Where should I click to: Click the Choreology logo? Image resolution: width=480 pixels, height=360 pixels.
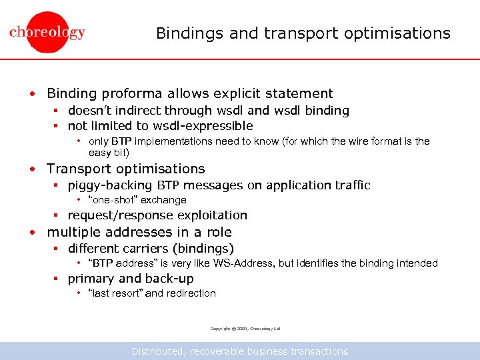click(x=47, y=33)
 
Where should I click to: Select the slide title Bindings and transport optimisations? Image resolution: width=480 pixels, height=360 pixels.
click(x=303, y=33)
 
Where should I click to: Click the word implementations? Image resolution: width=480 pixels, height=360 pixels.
click(x=175, y=141)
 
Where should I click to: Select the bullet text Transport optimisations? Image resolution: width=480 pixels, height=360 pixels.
click(x=125, y=169)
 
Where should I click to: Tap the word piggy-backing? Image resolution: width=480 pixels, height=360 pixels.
click(x=111, y=185)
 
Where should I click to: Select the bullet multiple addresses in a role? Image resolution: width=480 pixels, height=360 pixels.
click(x=139, y=233)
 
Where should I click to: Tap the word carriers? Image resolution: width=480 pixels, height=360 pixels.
click(x=151, y=249)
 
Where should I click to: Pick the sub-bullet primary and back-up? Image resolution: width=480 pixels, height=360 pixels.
click(x=131, y=279)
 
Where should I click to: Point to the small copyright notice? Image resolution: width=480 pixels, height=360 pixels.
click(x=245, y=329)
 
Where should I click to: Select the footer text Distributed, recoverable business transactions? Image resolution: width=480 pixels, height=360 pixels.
click(x=240, y=351)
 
